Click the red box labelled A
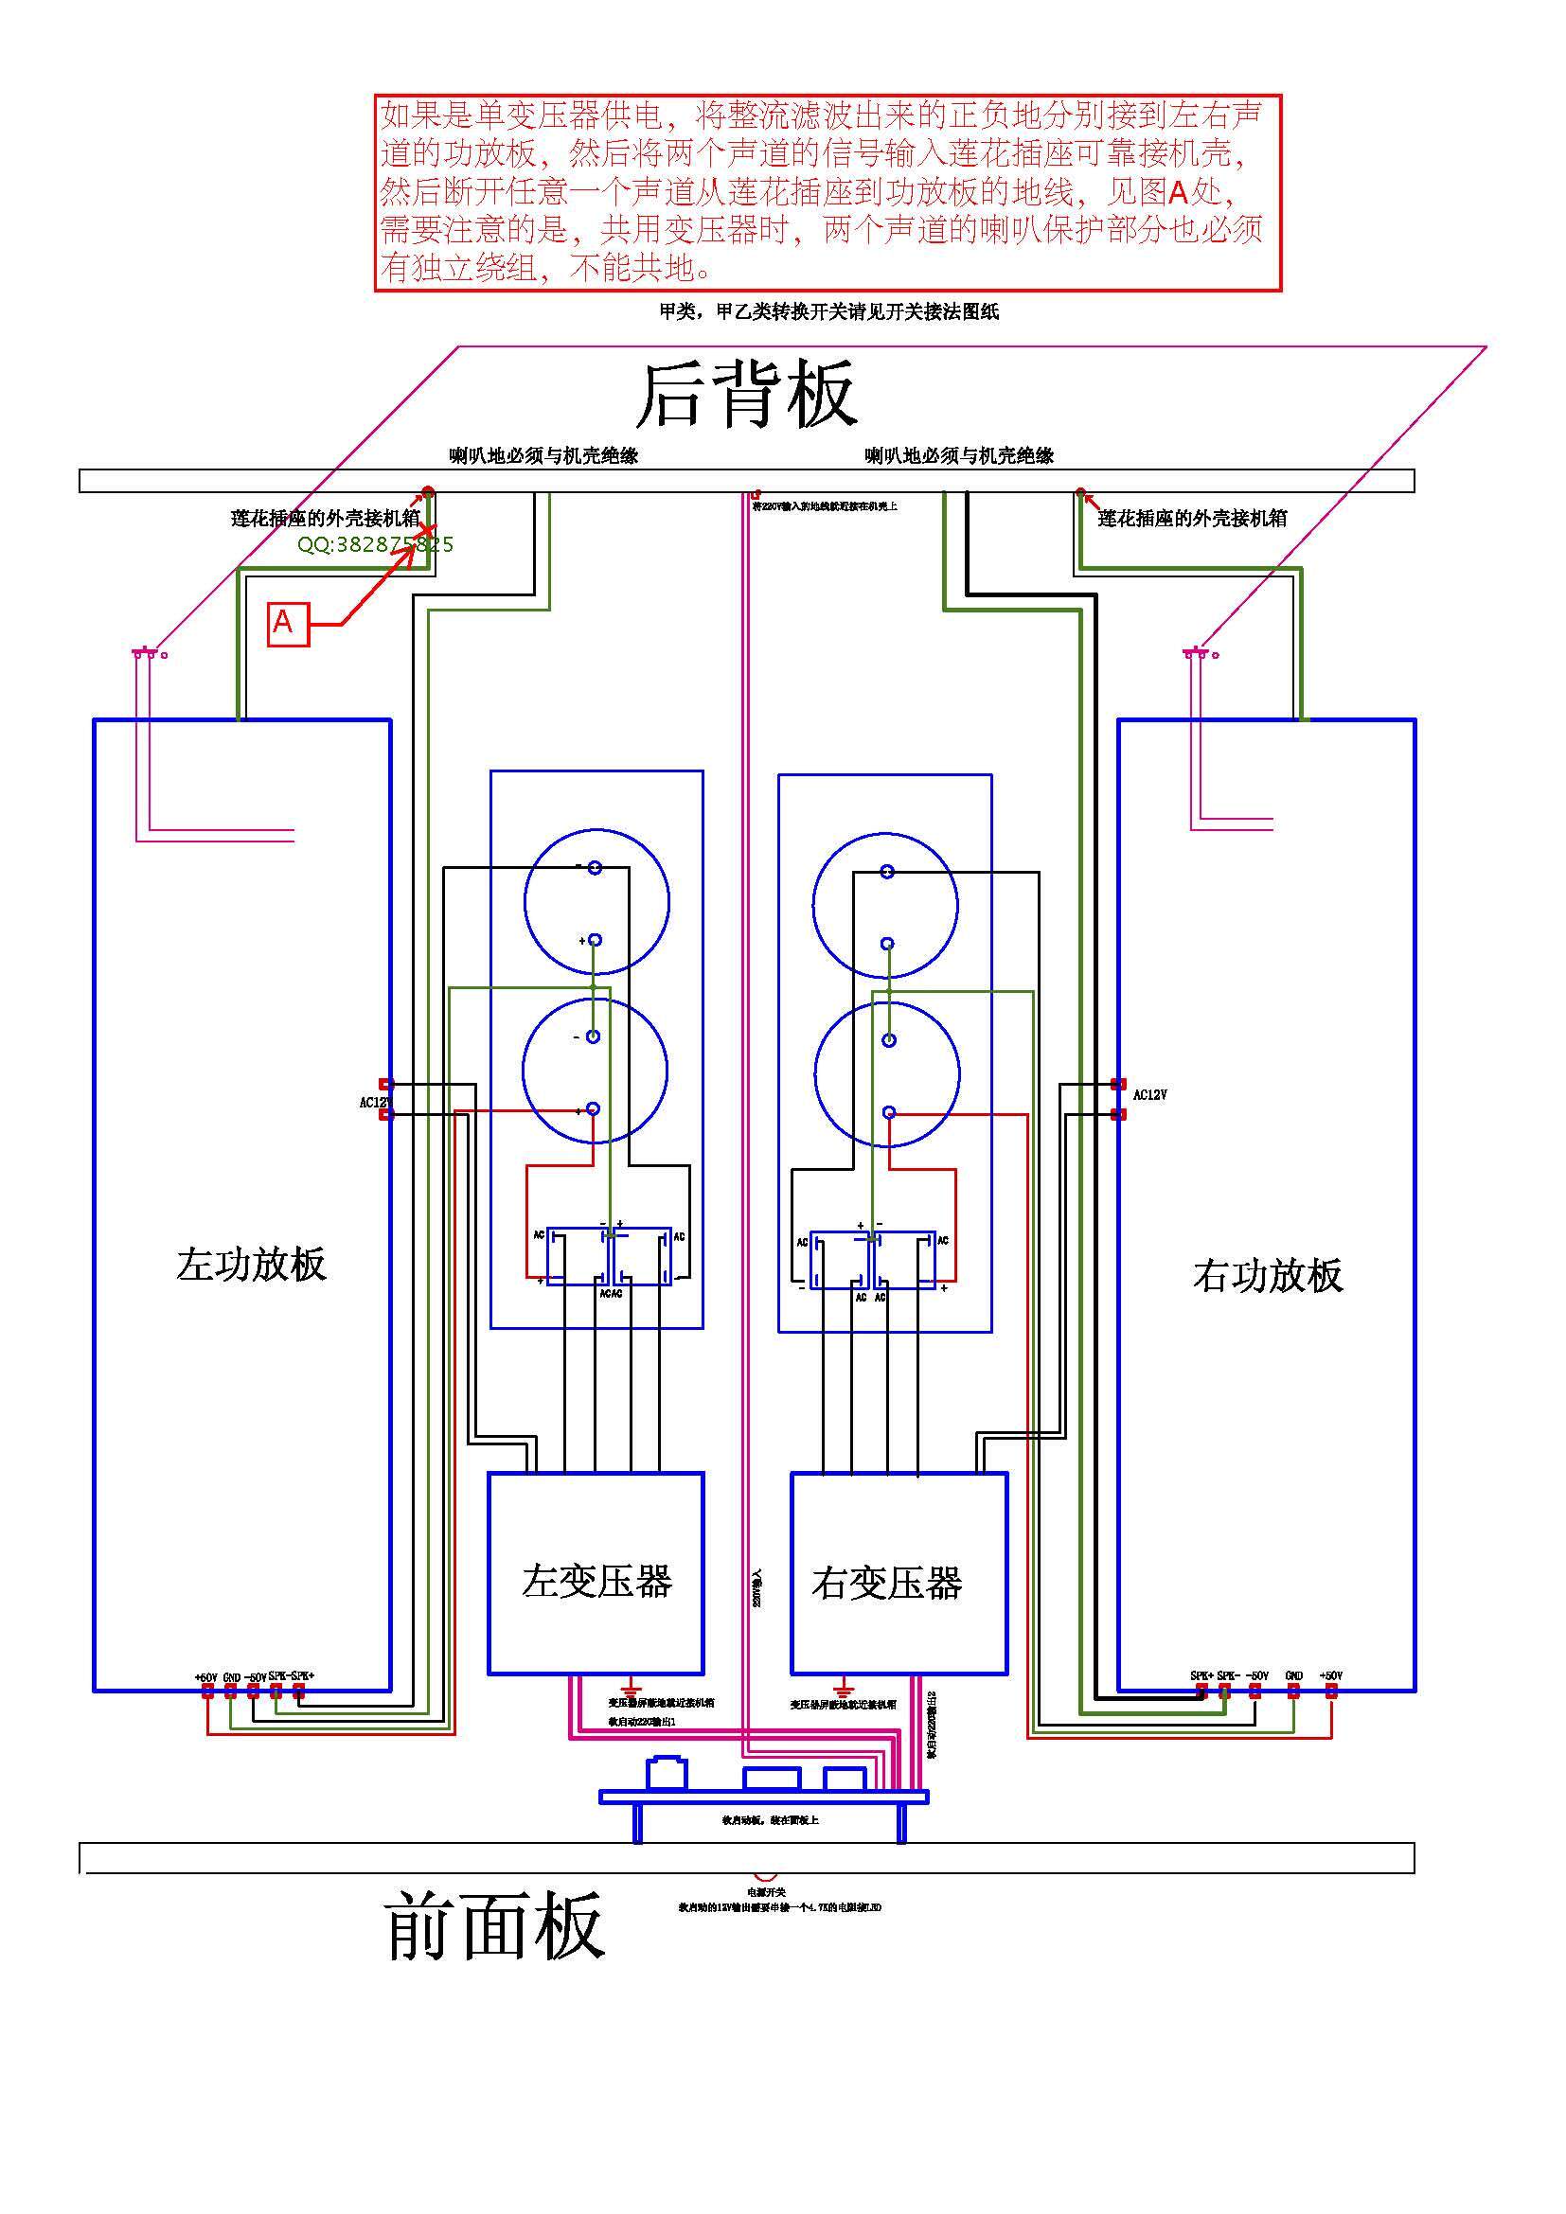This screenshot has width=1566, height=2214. (x=288, y=623)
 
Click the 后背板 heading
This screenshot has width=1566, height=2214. (x=745, y=395)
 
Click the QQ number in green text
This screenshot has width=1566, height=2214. (x=375, y=545)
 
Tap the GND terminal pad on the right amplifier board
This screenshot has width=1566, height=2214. (x=1294, y=1691)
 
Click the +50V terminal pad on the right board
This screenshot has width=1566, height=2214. (x=1330, y=1691)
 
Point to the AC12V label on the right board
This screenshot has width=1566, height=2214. (x=1149, y=1095)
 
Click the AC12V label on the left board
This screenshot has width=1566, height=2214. (x=373, y=1102)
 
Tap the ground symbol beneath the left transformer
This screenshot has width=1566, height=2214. (x=632, y=1691)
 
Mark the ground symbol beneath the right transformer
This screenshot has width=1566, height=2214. (x=843, y=1691)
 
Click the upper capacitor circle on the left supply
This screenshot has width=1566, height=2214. (x=596, y=902)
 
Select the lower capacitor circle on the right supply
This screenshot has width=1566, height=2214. (x=887, y=1074)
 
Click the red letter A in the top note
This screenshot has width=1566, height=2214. (x=1179, y=193)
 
